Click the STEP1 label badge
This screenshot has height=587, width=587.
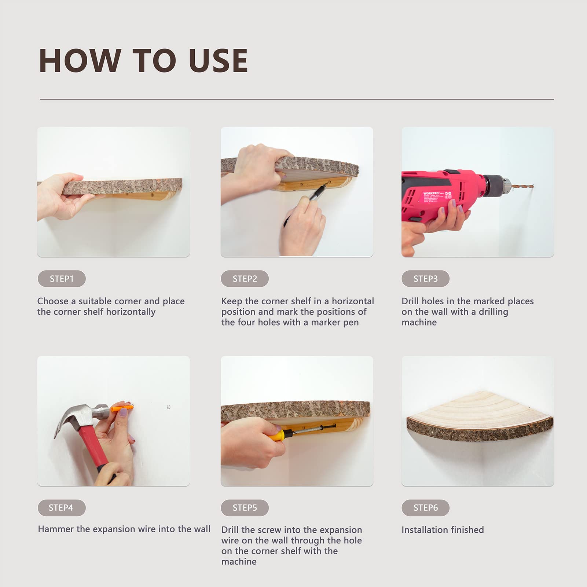click(62, 279)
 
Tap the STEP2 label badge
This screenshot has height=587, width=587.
click(245, 279)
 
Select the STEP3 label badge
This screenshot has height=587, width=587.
click(426, 279)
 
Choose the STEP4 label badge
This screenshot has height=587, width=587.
click(62, 508)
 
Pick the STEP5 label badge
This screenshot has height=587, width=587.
click(245, 508)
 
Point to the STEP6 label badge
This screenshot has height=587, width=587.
click(426, 508)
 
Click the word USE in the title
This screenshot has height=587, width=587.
click(218, 61)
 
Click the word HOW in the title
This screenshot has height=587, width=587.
click(80, 61)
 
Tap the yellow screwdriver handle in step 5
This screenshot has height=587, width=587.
click(278, 435)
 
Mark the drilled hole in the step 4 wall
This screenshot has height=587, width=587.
click(169, 407)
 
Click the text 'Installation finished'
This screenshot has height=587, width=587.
click(443, 530)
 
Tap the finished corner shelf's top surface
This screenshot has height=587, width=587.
click(477, 407)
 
